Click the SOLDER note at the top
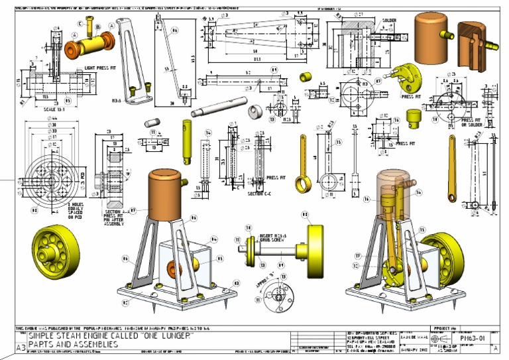click(389, 21)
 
